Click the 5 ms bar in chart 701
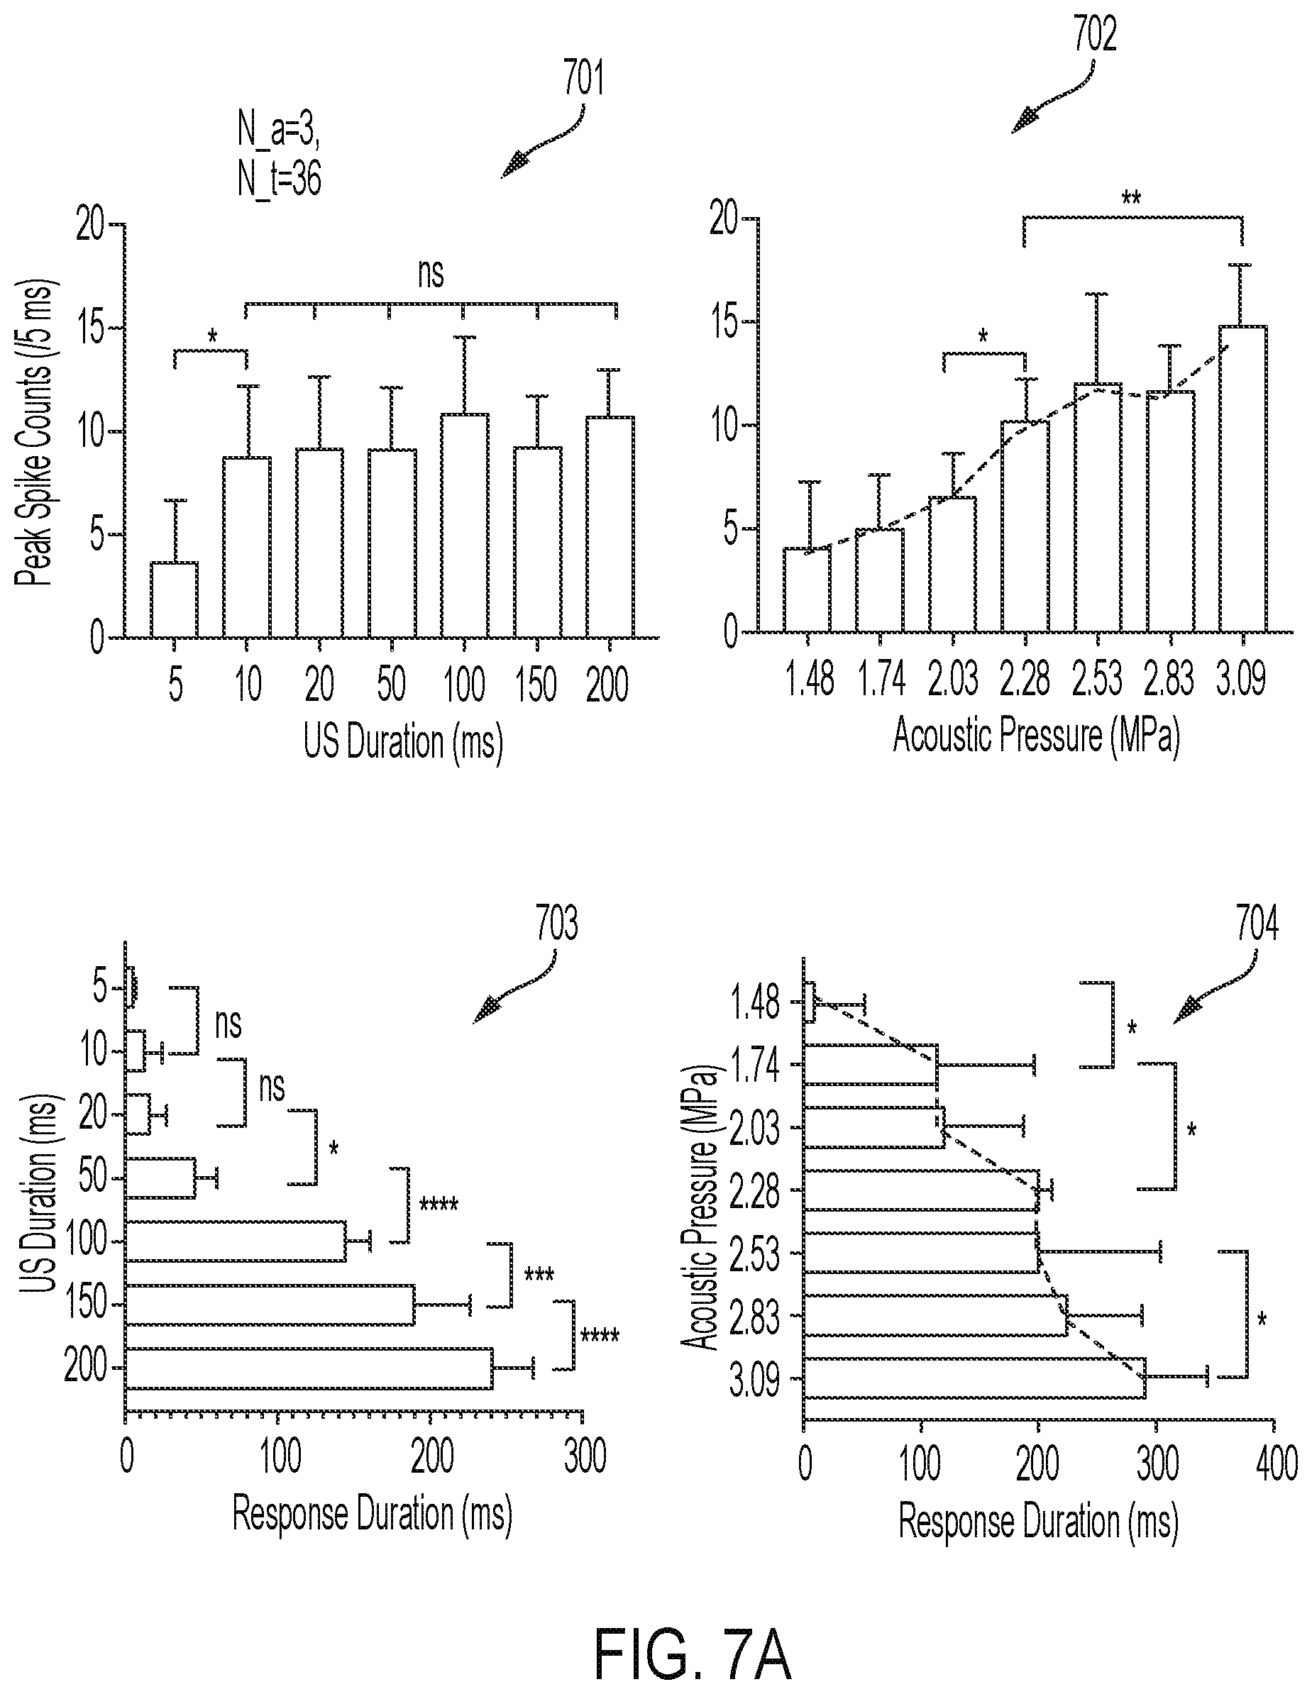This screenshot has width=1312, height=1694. click(174, 599)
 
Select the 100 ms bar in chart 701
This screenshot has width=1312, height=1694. click(464, 526)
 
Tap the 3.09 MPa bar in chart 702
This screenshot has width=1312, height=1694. click(1243, 479)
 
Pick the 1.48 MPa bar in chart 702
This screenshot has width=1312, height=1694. click(807, 589)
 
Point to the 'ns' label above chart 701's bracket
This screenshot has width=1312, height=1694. click(431, 273)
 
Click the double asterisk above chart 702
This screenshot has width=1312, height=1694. click(1131, 199)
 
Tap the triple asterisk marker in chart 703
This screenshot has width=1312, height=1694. click(539, 1274)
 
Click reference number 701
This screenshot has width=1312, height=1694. click(583, 80)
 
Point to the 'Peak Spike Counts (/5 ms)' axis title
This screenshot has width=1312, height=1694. click(33, 433)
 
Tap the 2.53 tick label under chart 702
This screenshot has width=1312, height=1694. click(1097, 678)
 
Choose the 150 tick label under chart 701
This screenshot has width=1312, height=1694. click(535, 684)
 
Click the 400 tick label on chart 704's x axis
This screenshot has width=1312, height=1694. click(1277, 1465)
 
